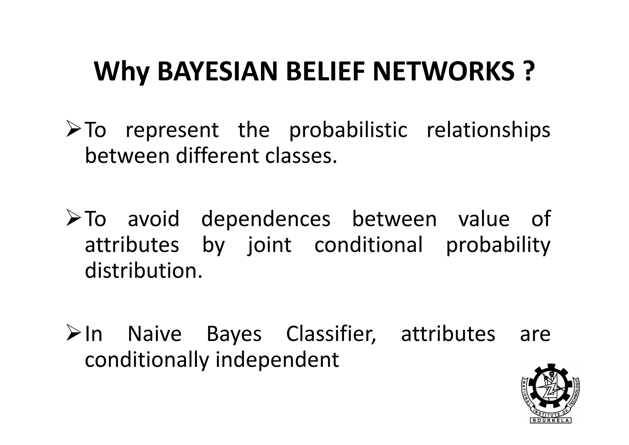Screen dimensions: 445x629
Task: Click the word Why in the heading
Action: [122, 73]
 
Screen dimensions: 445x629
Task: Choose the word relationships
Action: [488, 130]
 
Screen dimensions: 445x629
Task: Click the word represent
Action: [172, 130]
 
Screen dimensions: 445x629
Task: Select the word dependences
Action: [266, 219]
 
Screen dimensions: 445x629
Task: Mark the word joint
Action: [269, 245]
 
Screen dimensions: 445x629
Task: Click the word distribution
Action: [144, 271]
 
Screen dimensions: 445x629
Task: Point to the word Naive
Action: [154, 334]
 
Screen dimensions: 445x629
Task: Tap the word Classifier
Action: [331, 334]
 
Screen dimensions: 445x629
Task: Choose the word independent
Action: [277, 360]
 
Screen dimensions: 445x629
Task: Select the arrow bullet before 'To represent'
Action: [73, 130]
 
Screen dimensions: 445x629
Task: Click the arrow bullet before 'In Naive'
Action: [73, 334]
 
